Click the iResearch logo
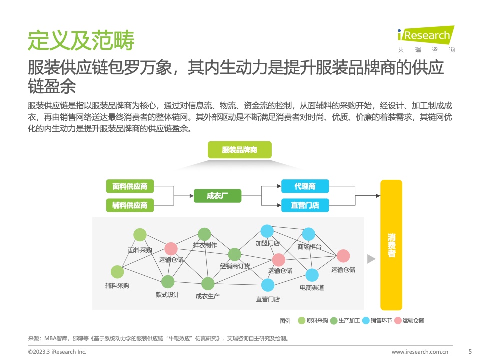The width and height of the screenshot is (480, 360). pos(426,39)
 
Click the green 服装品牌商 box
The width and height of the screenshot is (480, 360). pos(239,150)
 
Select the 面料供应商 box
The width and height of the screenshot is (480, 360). pos(130,186)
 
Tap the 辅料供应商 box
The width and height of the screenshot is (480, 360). pos(130,205)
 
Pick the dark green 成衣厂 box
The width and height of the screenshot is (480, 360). pos(217,196)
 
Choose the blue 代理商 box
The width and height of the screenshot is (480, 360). pos(305,186)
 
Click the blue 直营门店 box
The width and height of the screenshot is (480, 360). pos(305,205)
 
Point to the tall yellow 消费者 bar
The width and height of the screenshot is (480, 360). pos(391,245)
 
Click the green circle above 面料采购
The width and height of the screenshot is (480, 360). pos(140,235)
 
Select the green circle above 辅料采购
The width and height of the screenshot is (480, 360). pos(117,272)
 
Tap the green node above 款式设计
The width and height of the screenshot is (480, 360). pos(168,282)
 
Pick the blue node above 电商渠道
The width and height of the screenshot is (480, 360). pos(312,275)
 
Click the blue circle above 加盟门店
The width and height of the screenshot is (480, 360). pos(267,231)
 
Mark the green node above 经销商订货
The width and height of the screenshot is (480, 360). pos(235,254)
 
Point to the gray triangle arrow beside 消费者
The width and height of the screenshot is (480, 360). pos(371,259)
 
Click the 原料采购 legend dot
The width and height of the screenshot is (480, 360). pos(302,321)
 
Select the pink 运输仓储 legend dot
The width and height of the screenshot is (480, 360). pos(398,321)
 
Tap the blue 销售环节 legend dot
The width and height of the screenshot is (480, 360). pos(366,321)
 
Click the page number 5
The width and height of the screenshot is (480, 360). pos(470,351)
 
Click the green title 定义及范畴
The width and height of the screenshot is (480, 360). pos(81,40)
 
